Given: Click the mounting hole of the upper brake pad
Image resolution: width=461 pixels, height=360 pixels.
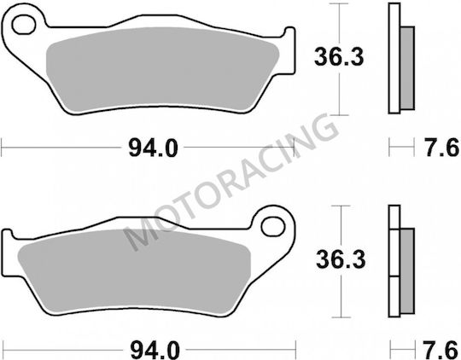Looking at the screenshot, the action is (x=24, y=25).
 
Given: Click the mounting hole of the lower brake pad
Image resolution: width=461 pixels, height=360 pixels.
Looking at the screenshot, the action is (x=273, y=227).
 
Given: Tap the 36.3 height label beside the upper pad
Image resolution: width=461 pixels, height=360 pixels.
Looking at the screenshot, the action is (x=339, y=57).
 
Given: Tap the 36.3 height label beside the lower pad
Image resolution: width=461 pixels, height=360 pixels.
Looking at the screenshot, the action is (x=341, y=259).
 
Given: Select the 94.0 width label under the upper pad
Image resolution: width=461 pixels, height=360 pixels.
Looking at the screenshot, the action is (x=153, y=148).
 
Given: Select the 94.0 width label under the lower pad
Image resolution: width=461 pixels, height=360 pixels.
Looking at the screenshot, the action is (x=155, y=350).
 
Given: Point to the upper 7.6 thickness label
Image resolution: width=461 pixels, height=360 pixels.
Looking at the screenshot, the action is (x=442, y=148).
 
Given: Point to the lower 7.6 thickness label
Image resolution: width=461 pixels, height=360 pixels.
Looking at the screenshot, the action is (x=442, y=350).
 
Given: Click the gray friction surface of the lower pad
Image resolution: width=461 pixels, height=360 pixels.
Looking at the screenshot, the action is (x=134, y=272).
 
